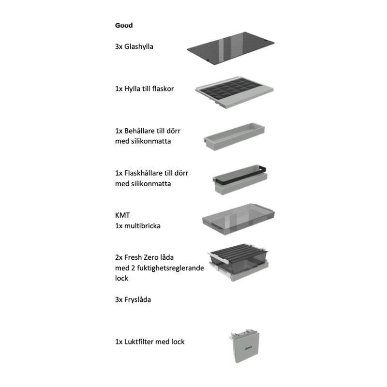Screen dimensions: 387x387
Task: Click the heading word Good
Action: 124,25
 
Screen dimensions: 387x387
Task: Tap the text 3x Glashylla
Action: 134,46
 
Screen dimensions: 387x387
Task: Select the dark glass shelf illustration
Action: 231,48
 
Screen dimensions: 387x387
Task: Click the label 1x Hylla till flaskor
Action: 144,89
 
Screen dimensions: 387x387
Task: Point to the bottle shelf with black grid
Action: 235,92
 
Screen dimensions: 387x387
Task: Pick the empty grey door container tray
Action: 234,136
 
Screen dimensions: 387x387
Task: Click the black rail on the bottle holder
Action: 240,175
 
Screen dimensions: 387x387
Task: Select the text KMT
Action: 122,215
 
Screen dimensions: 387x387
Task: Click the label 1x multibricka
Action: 138,226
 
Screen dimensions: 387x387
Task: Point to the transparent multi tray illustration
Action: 238,220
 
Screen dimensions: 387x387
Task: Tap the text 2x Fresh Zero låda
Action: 144,257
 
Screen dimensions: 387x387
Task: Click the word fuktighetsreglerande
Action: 170,268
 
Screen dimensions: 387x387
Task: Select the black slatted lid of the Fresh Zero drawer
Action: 239,252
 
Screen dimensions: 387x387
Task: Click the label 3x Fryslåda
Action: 133,299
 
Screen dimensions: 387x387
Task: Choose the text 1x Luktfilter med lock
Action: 150,342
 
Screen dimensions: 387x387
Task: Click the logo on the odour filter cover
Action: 248,348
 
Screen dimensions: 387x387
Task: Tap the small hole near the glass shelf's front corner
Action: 208,60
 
